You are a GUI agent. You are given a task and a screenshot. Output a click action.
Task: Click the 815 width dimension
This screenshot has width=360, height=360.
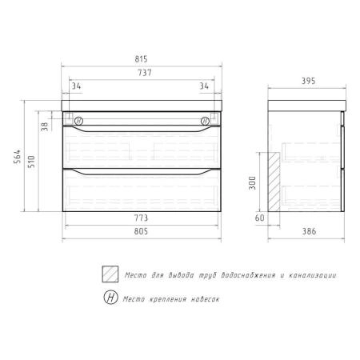click(141, 59)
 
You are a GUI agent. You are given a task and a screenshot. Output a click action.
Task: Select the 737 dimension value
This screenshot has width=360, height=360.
click(145, 73)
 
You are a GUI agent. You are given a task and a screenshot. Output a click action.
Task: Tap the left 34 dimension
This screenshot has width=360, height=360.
click(76, 86)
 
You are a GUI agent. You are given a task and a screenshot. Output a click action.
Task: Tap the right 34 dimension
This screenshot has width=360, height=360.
click(204, 86)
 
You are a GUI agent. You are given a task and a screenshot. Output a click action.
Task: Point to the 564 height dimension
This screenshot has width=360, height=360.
click(17, 156)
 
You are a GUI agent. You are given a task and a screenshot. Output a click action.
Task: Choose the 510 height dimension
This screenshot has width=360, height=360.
click(31, 162)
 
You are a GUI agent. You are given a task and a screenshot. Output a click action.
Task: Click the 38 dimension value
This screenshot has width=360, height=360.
click(45, 126)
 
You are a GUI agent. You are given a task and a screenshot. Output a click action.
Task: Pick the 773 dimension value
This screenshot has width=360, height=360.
click(141, 218)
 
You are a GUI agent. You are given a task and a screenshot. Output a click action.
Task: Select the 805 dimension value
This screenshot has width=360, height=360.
click(141, 231)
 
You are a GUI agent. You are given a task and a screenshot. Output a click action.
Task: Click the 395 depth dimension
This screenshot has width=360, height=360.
click(308, 81)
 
